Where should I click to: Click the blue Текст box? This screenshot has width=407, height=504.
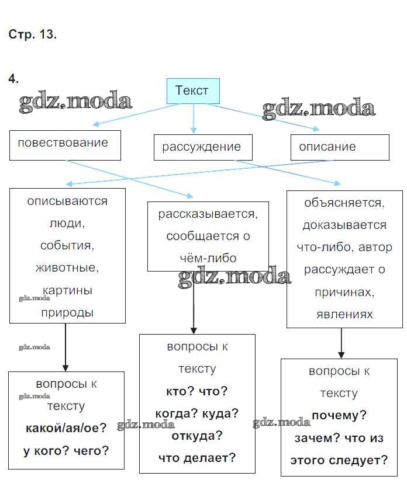tap(192, 91)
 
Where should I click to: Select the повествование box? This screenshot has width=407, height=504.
tap(64, 144)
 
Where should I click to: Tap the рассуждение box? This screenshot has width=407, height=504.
tap(202, 147)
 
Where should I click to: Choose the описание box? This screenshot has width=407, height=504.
tap(339, 147)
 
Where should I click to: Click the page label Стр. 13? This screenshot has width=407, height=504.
tap(33, 34)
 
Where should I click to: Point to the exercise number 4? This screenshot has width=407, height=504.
tap(13, 78)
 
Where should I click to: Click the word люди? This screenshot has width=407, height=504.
tap(67, 223)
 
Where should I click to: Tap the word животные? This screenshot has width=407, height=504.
tap(67, 268)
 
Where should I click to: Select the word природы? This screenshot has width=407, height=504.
tap(67, 312)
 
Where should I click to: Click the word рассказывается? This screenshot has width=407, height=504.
tap(208, 214)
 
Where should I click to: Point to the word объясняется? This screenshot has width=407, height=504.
tap(344, 203)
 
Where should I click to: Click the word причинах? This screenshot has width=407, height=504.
tap(344, 292)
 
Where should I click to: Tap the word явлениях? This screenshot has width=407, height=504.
tap(344, 314)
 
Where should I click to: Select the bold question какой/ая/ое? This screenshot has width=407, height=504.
tap(66, 428)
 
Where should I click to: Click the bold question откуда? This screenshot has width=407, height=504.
tap(197, 436)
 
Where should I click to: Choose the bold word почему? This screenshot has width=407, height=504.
tap(339, 416)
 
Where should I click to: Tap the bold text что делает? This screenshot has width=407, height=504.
tap(197, 458)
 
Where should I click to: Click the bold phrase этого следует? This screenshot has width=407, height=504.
tap(339, 460)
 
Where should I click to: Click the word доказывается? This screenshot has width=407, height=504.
tap(344, 225)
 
